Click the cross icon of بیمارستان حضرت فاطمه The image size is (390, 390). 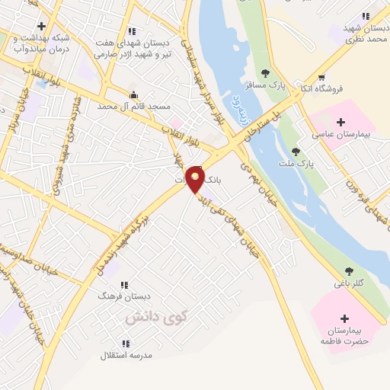[x=344, y=318]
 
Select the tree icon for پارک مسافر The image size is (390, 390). [x=265, y=73]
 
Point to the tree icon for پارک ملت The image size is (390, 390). [x=296, y=151]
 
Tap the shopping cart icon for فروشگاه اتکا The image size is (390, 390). [x=321, y=77]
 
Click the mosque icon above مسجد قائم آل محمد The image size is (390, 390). [x=134, y=95]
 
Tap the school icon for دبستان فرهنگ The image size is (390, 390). [x=123, y=285]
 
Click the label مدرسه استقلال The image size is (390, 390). [x=126, y=355]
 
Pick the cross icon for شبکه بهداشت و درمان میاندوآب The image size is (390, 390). [x=42, y=27]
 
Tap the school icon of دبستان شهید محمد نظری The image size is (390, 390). [x=366, y=15]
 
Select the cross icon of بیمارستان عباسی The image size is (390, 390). [x=340, y=122]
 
